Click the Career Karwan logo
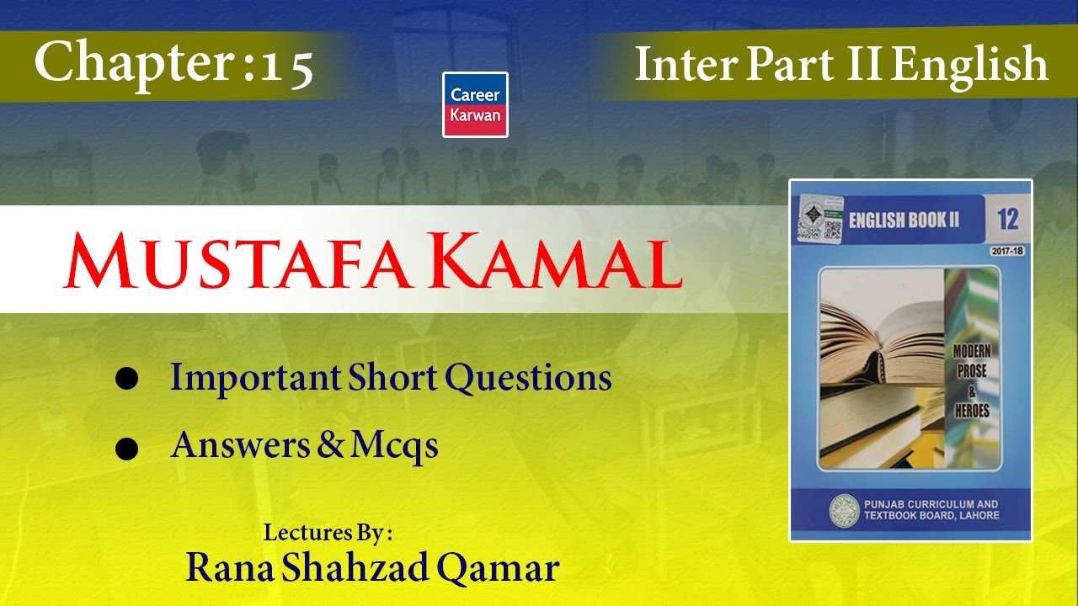[475, 104]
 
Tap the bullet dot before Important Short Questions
[126, 380]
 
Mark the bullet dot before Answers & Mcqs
[126, 449]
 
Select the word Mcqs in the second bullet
[395, 445]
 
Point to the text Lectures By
[328, 533]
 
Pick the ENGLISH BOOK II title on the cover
[903, 221]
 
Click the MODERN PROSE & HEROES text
[971, 381]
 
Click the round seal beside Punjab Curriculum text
[844, 510]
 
